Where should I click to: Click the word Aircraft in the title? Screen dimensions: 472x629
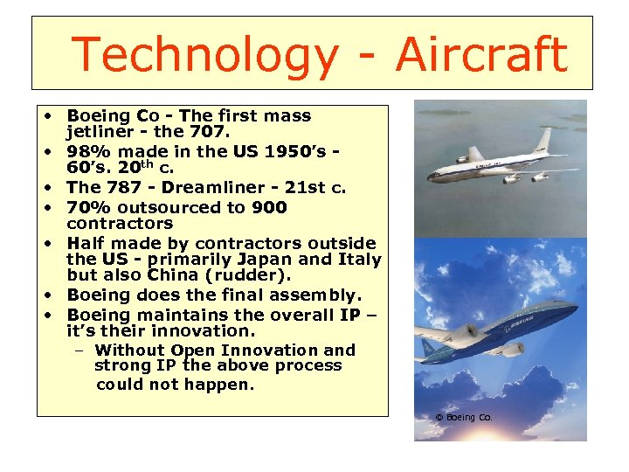(x=480, y=54)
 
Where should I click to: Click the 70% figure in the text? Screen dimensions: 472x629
(x=86, y=207)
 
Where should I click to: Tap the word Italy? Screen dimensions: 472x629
(x=360, y=260)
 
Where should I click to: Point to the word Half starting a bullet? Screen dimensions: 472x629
(x=86, y=243)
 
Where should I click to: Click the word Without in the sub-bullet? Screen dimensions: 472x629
(x=132, y=350)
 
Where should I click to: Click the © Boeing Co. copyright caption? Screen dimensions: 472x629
(x=464, y=418)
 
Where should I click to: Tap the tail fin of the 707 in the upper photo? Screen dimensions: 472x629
(x=546, y=140)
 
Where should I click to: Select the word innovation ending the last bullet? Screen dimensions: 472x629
(x=204, y=331)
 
